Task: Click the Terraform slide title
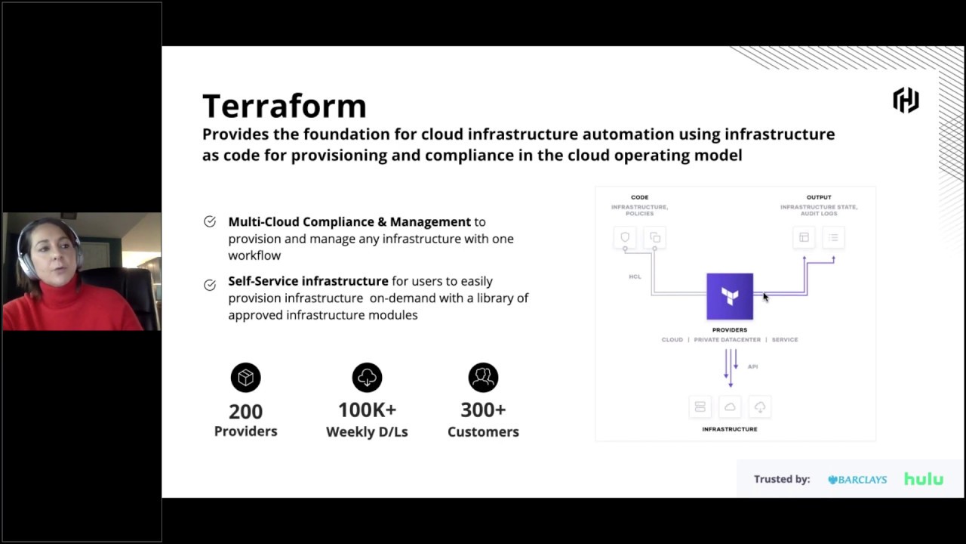(284, 106)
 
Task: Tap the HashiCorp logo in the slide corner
(906, 100)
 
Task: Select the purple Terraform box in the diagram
(730, 296)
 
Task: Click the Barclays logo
(857, 479)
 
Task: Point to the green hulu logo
(924, 479)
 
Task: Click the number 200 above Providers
(245, 412)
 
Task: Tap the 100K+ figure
(367, 410)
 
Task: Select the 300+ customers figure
(483, 410)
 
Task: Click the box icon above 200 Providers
(245, 378)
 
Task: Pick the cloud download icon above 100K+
(367, 378)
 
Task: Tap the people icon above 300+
(483, 378)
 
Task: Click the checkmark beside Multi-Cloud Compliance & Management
(210, 221)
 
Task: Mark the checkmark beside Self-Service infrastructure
(210, 285)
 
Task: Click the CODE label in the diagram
(639, 197)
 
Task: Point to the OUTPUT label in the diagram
(819, 197)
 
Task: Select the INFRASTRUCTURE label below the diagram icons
(730, 429)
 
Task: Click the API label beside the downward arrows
(752, 366)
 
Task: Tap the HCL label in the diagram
(635, 277)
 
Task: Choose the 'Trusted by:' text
(782, 479)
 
